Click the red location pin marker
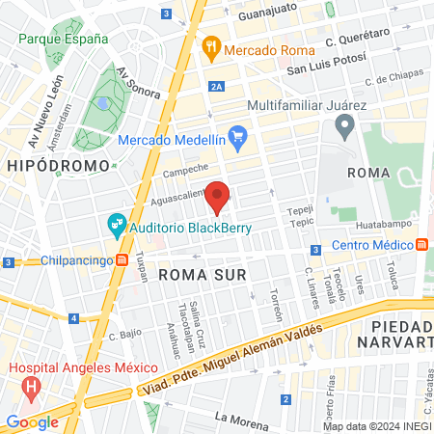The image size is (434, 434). coord(218,196)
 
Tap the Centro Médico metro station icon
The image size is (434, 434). coord(423,244)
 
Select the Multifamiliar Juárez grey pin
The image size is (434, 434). coord(342,124)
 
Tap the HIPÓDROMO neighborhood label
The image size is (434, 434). coord(47,167)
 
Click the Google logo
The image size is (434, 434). coord(32,421)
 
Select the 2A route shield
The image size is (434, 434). coord(217,87)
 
